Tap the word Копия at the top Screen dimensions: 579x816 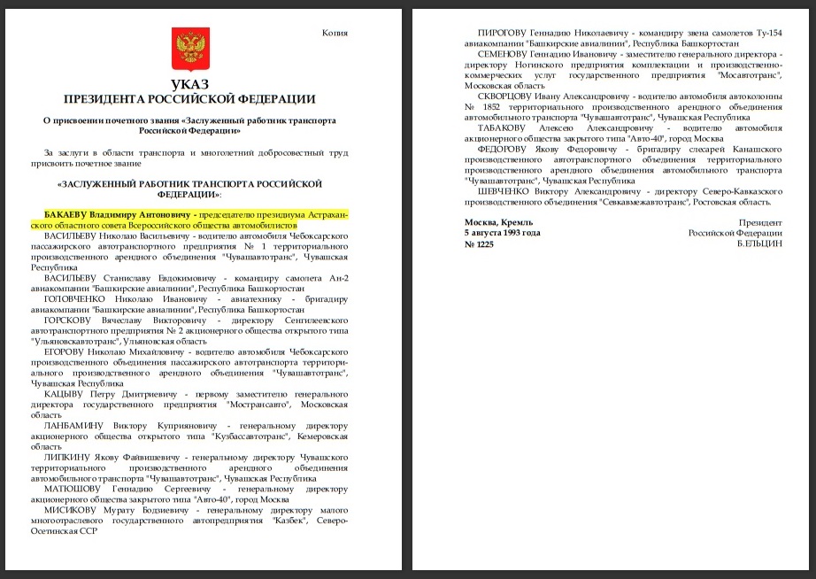point(335,34)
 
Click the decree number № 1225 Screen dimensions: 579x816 point(480,244)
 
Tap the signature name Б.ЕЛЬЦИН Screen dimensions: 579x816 point(759,244)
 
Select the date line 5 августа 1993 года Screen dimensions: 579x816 point(503,233)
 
